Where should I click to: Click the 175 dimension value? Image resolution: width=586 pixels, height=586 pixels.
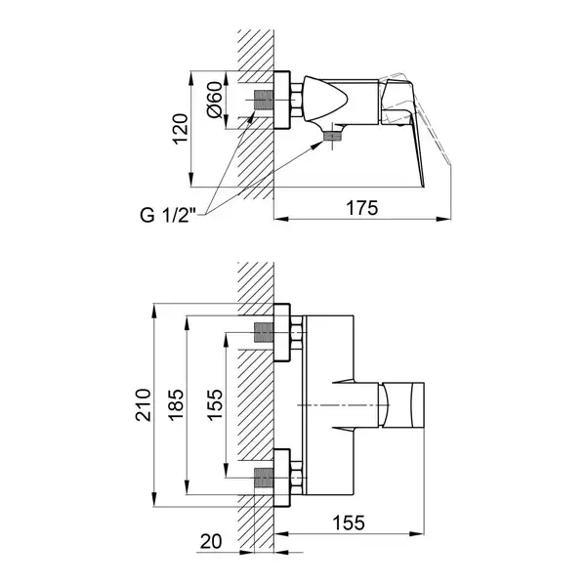point(361,208)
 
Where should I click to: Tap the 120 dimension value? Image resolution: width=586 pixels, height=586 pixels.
point(180,129)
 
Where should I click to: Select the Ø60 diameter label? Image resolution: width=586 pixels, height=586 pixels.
point(215,100)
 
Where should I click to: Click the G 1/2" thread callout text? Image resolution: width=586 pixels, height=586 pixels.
point(168,216)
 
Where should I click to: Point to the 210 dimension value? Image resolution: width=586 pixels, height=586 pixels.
point(144,405)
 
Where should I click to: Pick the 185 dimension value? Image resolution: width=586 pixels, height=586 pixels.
point(176,405)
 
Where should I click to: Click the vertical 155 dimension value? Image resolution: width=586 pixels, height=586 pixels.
point(215,405)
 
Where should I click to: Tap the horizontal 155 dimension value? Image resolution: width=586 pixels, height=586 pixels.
point(349,523)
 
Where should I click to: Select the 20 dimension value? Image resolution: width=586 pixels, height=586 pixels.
point(211,541)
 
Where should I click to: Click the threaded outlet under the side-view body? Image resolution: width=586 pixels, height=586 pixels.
point(332,137)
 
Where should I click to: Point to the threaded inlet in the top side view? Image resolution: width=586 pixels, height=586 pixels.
point(264,101)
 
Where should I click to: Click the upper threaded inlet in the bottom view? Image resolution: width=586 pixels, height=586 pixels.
point(264,333)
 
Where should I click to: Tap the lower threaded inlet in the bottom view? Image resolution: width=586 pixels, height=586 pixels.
point(264,478)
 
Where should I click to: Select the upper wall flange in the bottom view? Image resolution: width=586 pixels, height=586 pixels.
point(282,333)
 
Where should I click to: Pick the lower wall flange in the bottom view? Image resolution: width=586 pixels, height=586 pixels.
point(282,478)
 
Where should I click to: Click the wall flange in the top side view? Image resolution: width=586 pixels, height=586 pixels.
point(282,101)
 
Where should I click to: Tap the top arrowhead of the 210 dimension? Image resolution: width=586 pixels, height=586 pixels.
point(154,311)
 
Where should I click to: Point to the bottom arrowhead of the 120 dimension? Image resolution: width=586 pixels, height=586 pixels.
point(191,180)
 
